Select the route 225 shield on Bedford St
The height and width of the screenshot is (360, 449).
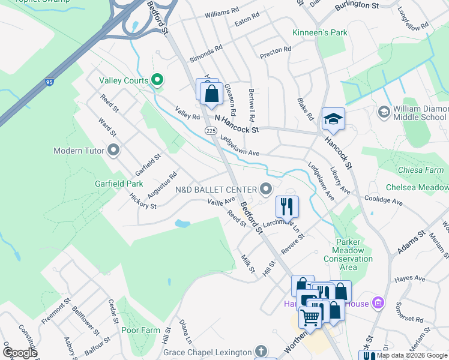[210, 130]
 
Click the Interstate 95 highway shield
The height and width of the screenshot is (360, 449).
[47, 80]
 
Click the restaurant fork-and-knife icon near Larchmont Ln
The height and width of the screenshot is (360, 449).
[287, 206]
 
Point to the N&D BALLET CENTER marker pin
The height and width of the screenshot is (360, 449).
[266, 190]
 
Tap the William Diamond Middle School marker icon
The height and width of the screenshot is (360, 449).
[384, 112]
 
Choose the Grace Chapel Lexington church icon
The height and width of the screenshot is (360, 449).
[261, 350]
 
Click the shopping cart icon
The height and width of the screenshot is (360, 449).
[310, 316]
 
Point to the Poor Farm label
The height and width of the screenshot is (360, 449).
[140, 330]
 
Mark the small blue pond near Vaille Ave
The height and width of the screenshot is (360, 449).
[182, 224]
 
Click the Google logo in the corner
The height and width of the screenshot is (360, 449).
[20, 353]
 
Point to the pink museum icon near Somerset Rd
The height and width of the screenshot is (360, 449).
[378, 302]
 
